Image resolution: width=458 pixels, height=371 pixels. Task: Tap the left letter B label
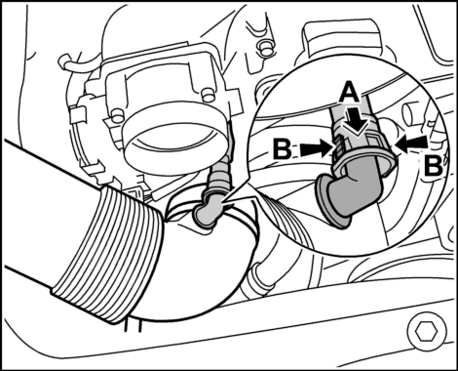[284, 150]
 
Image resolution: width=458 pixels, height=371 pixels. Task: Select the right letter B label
[433, 166]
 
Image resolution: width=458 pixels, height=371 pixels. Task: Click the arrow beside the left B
[315, 149]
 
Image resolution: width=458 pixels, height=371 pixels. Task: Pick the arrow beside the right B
[412, 144]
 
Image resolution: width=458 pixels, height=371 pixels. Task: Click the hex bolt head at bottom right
[426, 332]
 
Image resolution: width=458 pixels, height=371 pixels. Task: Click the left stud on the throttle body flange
[115, 115]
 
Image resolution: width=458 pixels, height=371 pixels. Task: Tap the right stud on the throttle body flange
[206, 95]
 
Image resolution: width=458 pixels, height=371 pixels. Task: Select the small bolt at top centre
[265, 47]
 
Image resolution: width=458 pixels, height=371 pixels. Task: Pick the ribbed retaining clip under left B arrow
[338, 149]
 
